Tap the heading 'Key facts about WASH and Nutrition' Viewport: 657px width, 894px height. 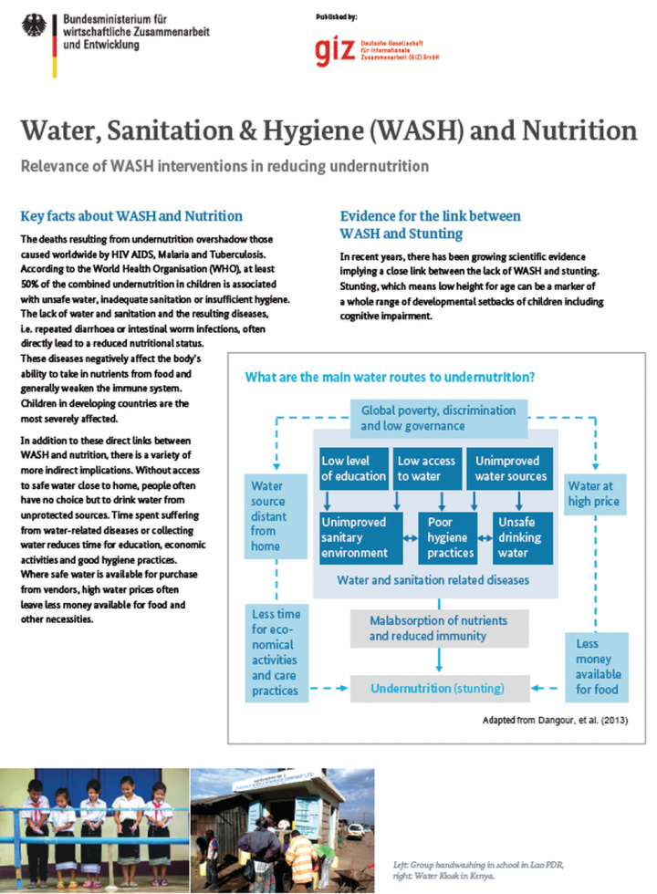point(131,216)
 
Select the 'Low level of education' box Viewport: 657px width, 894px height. point(352,469)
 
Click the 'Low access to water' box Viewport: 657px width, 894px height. point(427,469)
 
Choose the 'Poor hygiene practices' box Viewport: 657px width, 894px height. point(450,537)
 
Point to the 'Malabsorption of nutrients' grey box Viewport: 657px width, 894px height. point(440,629)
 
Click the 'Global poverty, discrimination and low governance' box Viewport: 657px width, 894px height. point(438,418)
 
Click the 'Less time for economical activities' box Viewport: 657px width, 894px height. point(275,652)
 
